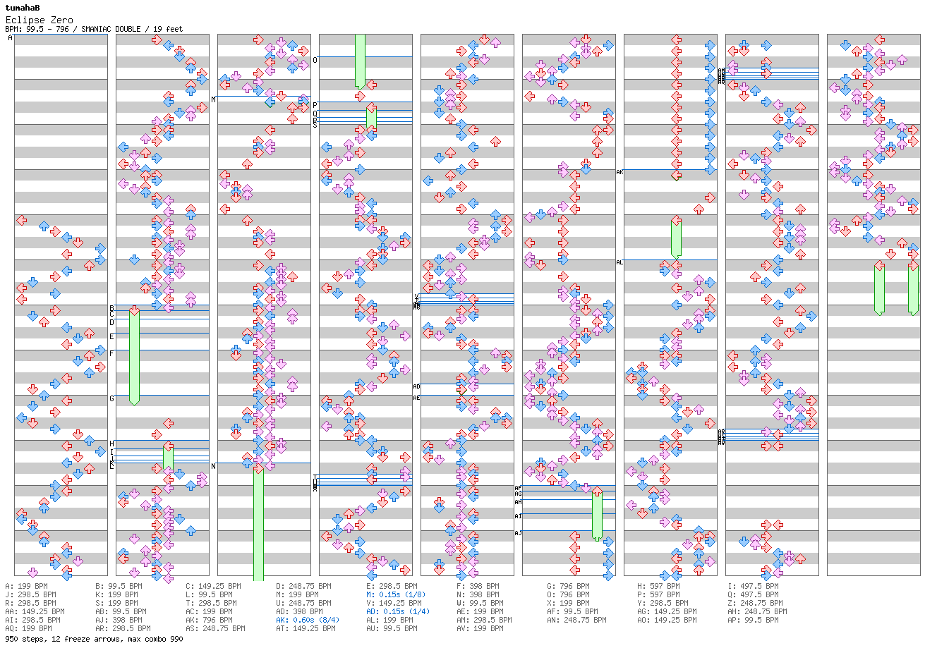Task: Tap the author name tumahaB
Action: (x=23, y=8)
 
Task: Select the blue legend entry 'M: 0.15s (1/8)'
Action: (x=396, y=594)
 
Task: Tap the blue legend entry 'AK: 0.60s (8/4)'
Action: (x=307, y=620)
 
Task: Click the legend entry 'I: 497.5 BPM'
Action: (x=753, y=586)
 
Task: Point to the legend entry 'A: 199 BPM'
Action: (x=27, y=586)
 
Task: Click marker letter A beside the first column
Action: (x=10, y=37)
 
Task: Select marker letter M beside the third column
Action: (x=213, y=99)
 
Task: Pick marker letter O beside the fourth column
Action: (x=315, y=60)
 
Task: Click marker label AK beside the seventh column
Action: (x=619, y=172)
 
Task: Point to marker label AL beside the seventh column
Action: (x=619, y=262)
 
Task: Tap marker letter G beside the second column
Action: (x=111, y=398)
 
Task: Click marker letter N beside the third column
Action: (x=213, y=466)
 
